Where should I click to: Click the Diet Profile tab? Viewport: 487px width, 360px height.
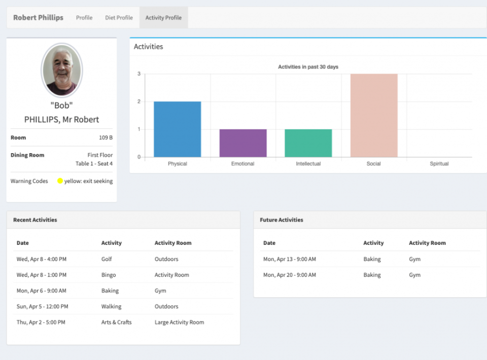click(x=119, y=18)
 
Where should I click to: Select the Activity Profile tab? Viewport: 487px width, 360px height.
click(x=163, y=18)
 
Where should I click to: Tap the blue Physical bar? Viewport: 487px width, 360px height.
click(x=177, y=129)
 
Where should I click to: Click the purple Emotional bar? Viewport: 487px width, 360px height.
click(x=243, y=143)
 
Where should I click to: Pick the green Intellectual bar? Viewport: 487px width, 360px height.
click(x=308, y=143)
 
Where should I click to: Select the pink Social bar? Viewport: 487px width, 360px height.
click(x=374, y=116)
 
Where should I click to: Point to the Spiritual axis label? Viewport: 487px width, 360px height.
click(x=439, y=164)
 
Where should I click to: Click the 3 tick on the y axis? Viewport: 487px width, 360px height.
click(x=139, y=74)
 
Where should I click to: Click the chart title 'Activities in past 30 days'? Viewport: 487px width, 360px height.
click(x=308, y=67)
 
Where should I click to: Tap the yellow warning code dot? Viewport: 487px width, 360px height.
click(x=60, y=181)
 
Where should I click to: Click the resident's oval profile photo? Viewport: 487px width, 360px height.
click(x=61, y=70)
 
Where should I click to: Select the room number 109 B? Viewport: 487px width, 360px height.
click(x=106, y=137)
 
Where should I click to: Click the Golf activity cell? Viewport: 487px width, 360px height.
click(x=107, y=259)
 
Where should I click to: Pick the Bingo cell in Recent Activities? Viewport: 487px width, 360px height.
click(x=109, y=275)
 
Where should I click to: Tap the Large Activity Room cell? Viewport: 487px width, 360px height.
click(x=179, y=322)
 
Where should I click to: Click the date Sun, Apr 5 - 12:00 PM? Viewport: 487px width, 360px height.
click(x=42, y=306)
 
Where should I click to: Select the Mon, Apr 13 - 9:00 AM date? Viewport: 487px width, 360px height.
click(x=289, y=259)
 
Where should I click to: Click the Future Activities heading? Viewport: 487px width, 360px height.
click(x=282, y=220)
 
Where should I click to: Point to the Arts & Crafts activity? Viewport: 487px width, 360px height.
click(x=116, y=322)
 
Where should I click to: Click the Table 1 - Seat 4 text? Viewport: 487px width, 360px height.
click(x=94, y=164)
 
